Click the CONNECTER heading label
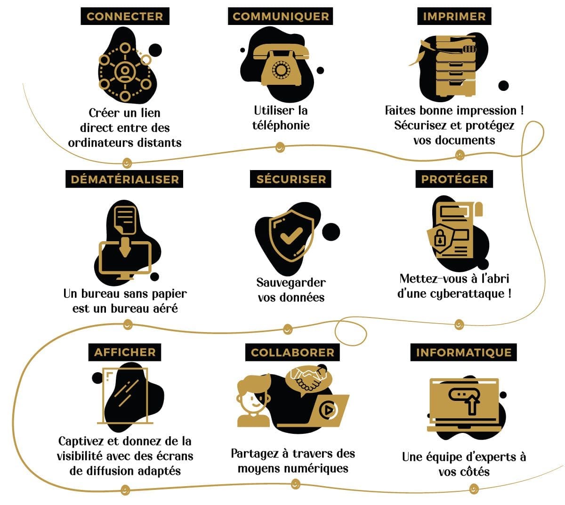pyautogui.click(x=125, y=16)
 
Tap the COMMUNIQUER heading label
pyautogui.click(x=280, y=16)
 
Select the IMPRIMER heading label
pyautogui.click(x=454, y=16)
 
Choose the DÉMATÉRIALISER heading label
pyautogui.click(x=124, y=179)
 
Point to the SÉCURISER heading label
pyautogui.click(x=291, y=179)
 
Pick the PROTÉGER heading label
pyautogui.click(x=454, y=179)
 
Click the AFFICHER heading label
pyautogui.click(x=125, y=352)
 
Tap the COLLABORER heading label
pyautogui.click(x=292, y=352)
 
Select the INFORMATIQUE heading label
pyautogui.click(x=463, y=352)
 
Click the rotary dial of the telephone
pyautogui.click(x=281, y=70)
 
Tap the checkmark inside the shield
pyautogui.click(x=291, y=236)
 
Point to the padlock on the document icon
pyautogui.click(x=440, y=237)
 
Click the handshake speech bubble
pyautogui.click(x=308, y=380)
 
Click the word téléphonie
pyautogui.click(x=281, y=125)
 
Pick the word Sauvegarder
pyautogui.click(x=291, y=283)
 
